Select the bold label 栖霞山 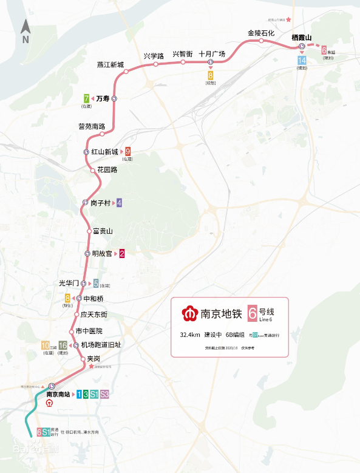(x=301, y=37)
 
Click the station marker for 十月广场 (x=211, y=62)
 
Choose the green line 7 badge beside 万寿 (x=87, y=98)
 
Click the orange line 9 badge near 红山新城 (x=127, y=152)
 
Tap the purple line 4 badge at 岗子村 (x=119, y=203)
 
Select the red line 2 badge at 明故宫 (x=122, y=254)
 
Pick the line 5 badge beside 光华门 (x=96, y=283)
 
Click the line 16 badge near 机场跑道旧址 (x=63, y=345)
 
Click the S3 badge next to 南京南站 (x=104, y=395)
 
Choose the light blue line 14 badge (x=302, y=60)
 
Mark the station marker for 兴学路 (x=155, y=64)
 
